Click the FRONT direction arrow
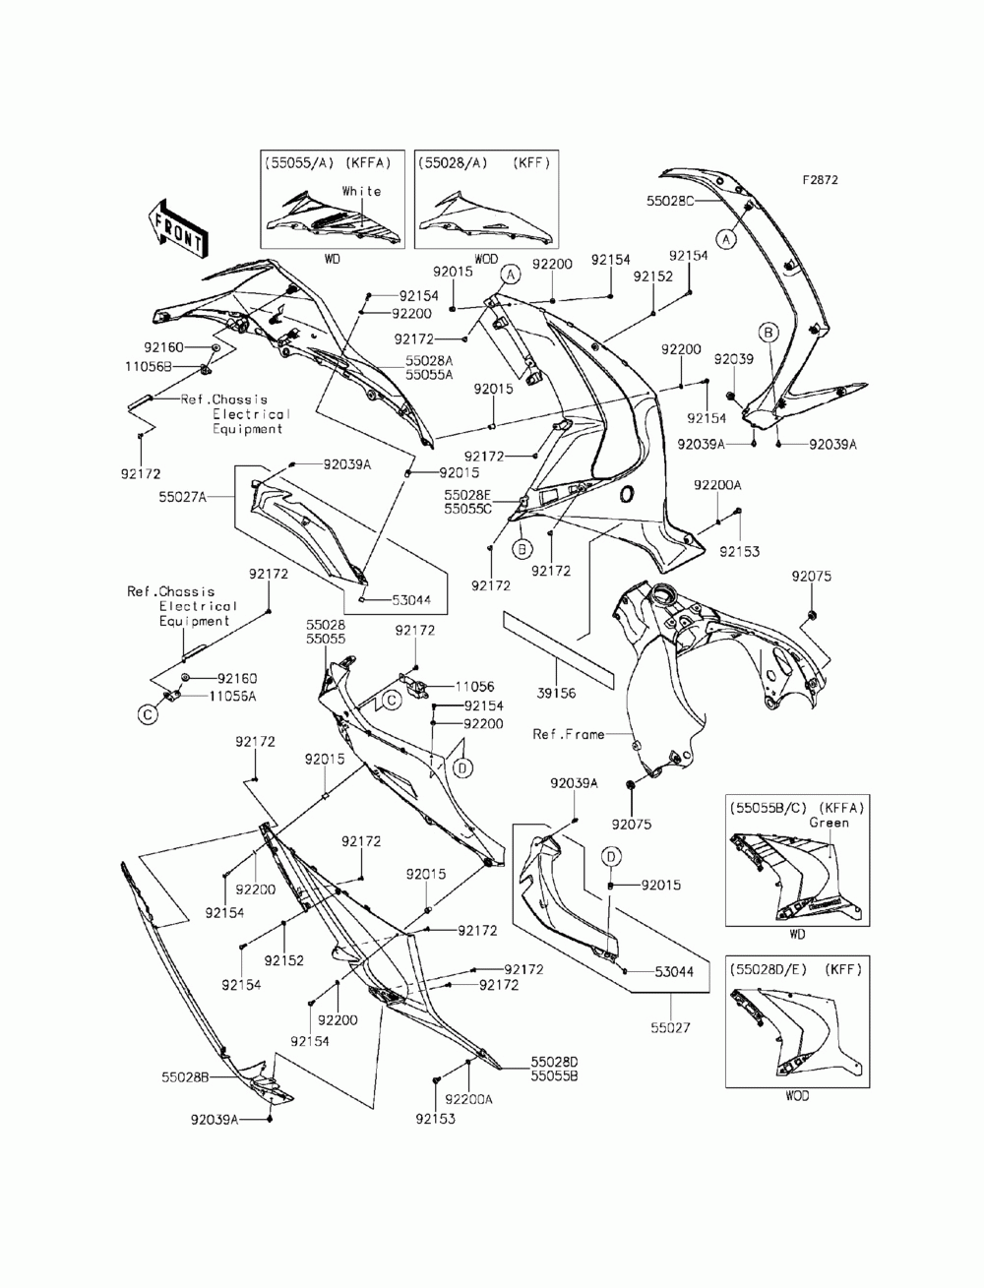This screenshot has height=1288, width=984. [176, 228]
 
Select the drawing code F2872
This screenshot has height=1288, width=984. [820, 180]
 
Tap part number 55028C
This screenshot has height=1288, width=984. [669, 201]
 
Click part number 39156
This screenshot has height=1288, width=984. [556, 693]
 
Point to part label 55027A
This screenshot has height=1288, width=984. [182, 497]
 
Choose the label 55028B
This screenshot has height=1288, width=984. [185, 1077]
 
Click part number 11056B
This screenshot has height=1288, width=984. [149, 367]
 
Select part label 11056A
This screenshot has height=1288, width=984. [232, 697]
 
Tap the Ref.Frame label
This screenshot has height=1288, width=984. [568, 734]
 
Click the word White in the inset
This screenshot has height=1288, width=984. [361, 191]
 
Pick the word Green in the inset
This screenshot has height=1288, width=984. [829, 823]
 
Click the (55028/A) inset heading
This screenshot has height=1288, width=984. [453, 163]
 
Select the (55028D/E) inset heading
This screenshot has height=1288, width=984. [766, 970]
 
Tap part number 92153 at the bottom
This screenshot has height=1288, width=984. [435, 1119]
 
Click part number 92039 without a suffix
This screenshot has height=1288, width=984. [733, 359]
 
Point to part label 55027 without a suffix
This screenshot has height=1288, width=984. [670, 1027]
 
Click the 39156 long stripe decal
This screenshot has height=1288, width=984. [557, 650]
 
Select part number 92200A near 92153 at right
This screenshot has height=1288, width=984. [717, 485]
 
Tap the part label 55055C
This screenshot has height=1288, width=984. [467, 509]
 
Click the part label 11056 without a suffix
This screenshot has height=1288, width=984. [474, 687]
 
